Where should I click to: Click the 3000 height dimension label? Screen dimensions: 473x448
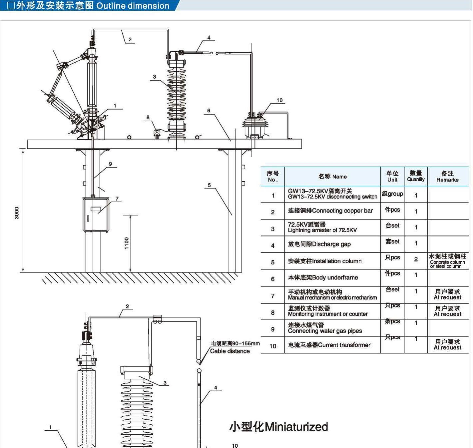[17, 213]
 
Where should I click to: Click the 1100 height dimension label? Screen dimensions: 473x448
[127, 243]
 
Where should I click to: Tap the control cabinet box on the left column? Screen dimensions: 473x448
[96, 215]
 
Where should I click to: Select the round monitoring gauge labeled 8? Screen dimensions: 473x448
[157, 132]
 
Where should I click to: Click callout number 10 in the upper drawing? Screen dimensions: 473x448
[279, 100]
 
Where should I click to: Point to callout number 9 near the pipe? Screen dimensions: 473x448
[110, 164]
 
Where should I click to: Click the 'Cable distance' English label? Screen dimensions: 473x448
[230, 351]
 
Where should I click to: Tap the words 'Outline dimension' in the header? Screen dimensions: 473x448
[133, 6]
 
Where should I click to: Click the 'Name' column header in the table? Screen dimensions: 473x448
[339, 177]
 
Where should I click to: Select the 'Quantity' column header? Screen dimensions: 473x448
[415, 179]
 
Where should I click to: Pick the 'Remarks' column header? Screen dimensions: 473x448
[447, 180]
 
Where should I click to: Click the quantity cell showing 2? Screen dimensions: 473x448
[416, 259]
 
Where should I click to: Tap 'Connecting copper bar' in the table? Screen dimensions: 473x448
[342, 211]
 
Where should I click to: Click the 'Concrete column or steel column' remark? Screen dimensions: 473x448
[447, 264]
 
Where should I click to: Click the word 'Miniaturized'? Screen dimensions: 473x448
[296, 427]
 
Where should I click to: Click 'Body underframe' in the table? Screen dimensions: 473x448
[335, 277]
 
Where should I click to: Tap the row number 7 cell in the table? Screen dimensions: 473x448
[272, 296]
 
